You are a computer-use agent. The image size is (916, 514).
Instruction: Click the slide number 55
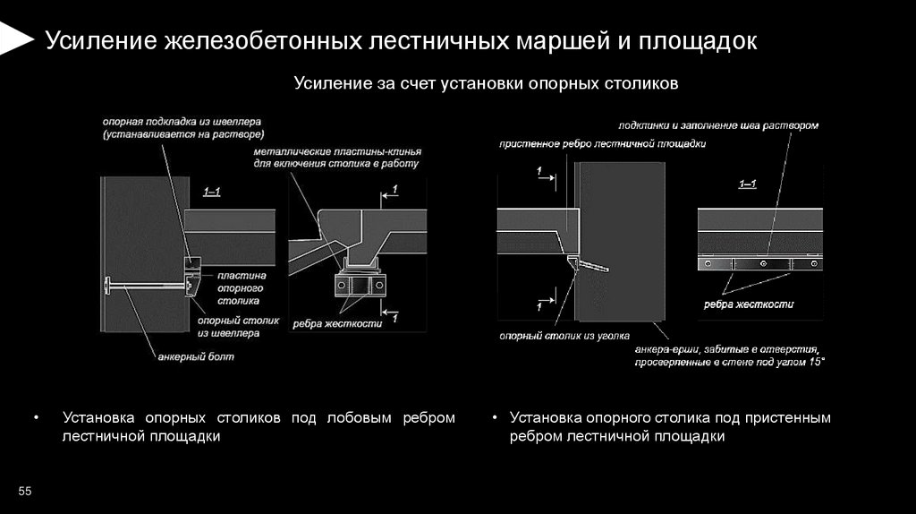[24, 492]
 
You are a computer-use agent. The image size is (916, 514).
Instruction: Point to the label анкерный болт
[196, 356]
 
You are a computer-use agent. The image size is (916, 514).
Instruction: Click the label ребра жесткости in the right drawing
[749, 304]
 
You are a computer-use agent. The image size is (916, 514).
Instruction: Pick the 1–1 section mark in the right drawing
[748, 184]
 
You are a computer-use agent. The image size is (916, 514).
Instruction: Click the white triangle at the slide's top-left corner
[12, 39]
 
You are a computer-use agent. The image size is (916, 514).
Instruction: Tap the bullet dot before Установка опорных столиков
[37, 418]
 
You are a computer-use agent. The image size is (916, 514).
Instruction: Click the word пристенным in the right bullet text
[787, 417]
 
